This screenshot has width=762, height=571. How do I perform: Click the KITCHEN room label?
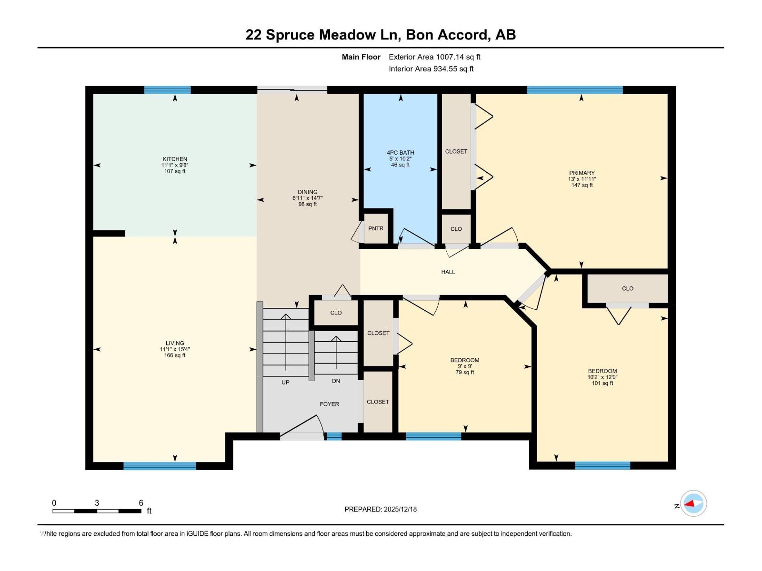tap(175, 159)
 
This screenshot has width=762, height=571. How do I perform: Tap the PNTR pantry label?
tap(376, 228)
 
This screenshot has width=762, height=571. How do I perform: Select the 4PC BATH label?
tap(400, 153)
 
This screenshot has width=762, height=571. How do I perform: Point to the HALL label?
tap(448, 272)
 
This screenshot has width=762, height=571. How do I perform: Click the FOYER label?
tap(329, 404)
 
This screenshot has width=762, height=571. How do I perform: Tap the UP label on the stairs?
tap(285, 383)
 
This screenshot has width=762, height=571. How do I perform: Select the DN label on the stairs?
tap(336, 381)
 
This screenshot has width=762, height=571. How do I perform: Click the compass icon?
tap(693, 503)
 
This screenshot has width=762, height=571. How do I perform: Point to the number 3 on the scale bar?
tap(97, 503)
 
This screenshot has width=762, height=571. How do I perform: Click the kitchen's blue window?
tap(167, 90)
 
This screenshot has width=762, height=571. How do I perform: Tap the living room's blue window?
tap(160, 466)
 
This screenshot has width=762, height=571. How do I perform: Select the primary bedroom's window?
tap(575, 90)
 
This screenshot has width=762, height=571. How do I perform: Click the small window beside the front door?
tap(334, 436)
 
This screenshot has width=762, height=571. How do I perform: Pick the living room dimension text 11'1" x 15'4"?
tap(175, 349)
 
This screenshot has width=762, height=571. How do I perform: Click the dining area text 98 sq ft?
tap(307, 204)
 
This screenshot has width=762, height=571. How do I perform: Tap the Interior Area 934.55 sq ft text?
tap(431, 69)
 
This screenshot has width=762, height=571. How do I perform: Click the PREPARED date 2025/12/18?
tap(400, 509)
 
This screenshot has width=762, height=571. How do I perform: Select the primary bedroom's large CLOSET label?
tap(456, 151)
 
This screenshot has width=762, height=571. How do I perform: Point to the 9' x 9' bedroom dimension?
tap(464, 366)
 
